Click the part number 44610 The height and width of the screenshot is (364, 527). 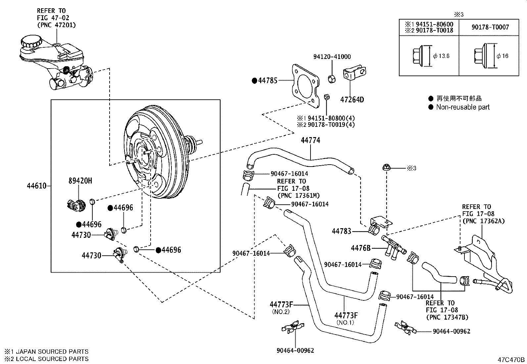click(x=36, y=186)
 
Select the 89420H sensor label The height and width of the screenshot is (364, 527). click(x=80, y=181)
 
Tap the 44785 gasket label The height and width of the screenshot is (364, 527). click(x=267, y=80)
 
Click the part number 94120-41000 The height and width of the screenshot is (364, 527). click(x=332, y=57)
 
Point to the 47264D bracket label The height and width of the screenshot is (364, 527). click(x=352, y=99)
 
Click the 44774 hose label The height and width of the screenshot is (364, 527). click(x=311, y=140)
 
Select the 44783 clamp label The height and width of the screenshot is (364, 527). click(x=341, y=231)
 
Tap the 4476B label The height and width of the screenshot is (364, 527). click(x=360, y=248)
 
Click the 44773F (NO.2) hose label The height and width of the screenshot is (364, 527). click(x=281, y=304)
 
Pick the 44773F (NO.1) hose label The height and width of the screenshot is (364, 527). click(x=346, y=315)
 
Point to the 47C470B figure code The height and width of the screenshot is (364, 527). click(x=511, y=359)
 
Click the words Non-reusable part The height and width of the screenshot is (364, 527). click(x=462, y=107)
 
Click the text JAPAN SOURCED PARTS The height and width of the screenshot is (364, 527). click(x=52, y=352)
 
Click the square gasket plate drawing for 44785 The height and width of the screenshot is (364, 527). click(x=305, y=85)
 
